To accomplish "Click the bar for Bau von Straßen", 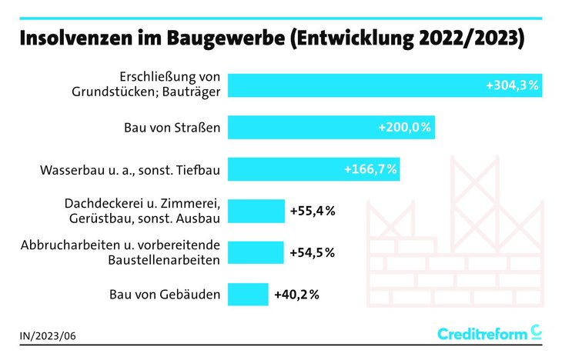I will (x=331, y=127).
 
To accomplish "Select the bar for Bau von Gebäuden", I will (x=248, y=294).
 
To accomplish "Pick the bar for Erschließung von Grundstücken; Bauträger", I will (x=385, y=85).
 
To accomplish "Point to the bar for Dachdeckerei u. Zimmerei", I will (x=256, y=210).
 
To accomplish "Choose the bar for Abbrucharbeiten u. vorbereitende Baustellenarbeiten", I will (x=256, y=252).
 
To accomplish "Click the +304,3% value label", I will (x=512, y=85).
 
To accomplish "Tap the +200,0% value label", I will (x=404, y=127).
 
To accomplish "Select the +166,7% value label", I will (x=370, y=168).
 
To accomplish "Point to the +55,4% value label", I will (x=312, y=210).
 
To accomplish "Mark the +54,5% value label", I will (x=312, y=252).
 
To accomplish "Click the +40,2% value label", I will (x=296, y=294).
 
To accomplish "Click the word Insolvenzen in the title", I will (x=78, y=39).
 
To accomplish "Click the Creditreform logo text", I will (x=483, y=333).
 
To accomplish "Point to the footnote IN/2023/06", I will (x=49, y=336).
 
